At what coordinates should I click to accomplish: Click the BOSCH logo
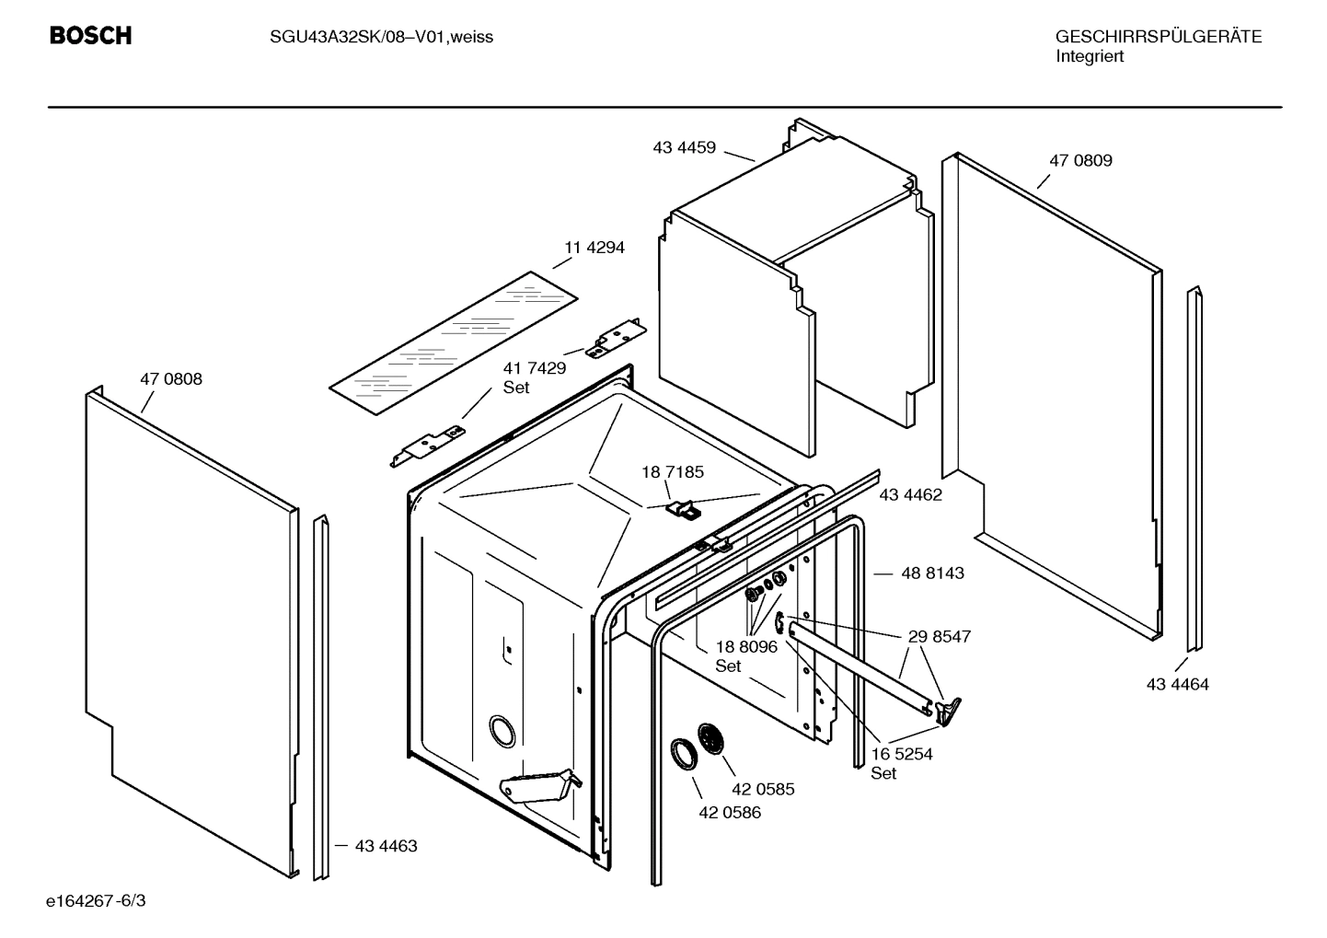(x=90, y=36)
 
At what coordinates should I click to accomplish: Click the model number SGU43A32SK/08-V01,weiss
(x=381, y=37)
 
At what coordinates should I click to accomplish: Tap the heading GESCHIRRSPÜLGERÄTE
(x=1158, y=37)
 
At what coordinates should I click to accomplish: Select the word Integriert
(x=1089, y=56)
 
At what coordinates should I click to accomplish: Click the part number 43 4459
(x=684, y=147)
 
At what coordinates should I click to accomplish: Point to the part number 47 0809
(x=1080, y=160)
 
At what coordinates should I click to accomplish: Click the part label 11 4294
(x=594, y=247)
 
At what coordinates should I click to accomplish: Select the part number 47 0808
(x=171, y=378)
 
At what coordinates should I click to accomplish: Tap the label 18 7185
(x=673, y=472)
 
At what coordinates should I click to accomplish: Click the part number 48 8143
(x=932, y=573)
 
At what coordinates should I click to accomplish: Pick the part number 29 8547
(x=939, y=636)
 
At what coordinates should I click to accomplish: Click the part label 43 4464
(x=1177, y=684)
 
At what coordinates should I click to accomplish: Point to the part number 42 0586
(x=730, y=813)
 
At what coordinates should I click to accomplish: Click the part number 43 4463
(x=386, y=845)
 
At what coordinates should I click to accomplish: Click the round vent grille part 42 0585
(x=711, y=739)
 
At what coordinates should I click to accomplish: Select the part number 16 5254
(x=901, y=754)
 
